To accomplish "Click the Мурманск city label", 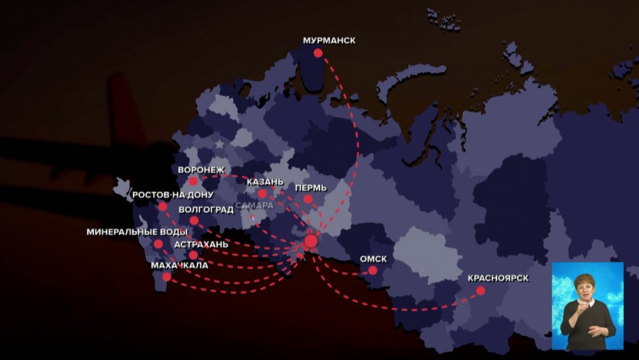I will coord(329,41).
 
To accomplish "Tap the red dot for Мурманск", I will coord(318,53).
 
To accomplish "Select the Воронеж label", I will coord(201,169).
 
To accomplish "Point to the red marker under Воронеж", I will coord(193,181).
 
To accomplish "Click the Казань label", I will coord(265,182).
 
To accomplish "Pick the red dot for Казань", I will coord(262,193).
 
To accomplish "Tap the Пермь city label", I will coord(311,188).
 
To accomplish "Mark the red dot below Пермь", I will coord(307,200).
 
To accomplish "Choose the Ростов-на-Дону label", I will coord(173,194).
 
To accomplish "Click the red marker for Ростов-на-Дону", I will coord(163,207).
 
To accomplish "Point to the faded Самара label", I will coord(254,206).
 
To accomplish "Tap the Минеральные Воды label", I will coord(137,232).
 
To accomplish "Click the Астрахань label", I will coord(201,244).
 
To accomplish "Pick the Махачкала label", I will coord(180,265).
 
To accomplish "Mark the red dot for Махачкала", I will coord(167,277).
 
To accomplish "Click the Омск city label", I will coord(374,259).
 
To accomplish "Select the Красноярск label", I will coord(498,278).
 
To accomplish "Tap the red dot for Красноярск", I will coord(481,290).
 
